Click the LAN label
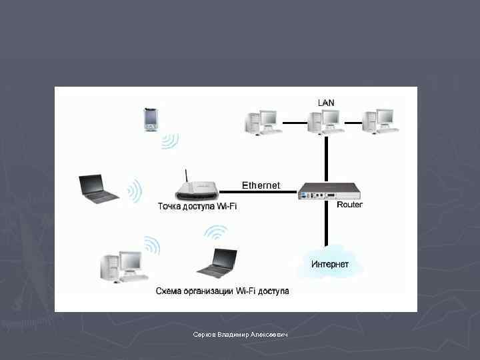[326, 102]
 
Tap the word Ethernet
[261, 185]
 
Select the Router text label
[349, 205]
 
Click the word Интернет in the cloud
[329, 264]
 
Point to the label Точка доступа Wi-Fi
[197, 207]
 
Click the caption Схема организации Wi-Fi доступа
[222, 291]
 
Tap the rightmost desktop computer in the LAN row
[381, 121]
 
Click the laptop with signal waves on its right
[98, 188]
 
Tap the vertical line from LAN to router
[326, 157]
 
